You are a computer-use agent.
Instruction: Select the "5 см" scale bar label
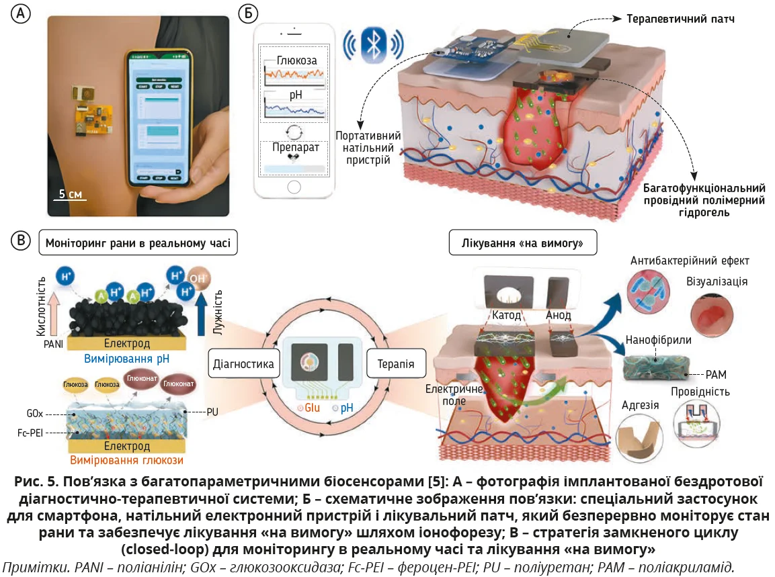tap(70, 194)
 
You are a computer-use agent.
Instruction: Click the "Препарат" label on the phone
tap(292, 146)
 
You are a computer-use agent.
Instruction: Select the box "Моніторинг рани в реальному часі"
tap(138, 242)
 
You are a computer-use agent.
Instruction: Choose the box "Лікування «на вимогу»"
tap(523, 243)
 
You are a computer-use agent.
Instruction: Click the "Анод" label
tap(559, 315)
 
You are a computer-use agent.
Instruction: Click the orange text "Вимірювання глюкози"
tap(126, 460)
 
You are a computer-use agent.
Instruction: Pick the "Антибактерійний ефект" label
tap(690, 260)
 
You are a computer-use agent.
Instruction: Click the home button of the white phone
tap(293, 185)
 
